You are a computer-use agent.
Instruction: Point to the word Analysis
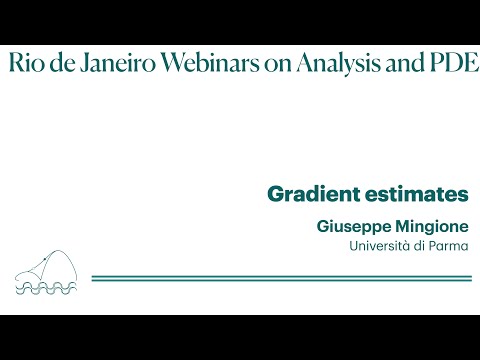click(x=335, y=64)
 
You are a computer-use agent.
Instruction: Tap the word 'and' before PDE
click(x=399, y=63)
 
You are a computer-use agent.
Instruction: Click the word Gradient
click(x=304, y=194)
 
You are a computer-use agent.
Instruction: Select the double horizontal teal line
click(x=280, y=278)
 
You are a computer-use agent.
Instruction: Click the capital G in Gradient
click(x=275, y=194)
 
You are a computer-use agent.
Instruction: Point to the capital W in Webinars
click(x=170, y=63)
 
